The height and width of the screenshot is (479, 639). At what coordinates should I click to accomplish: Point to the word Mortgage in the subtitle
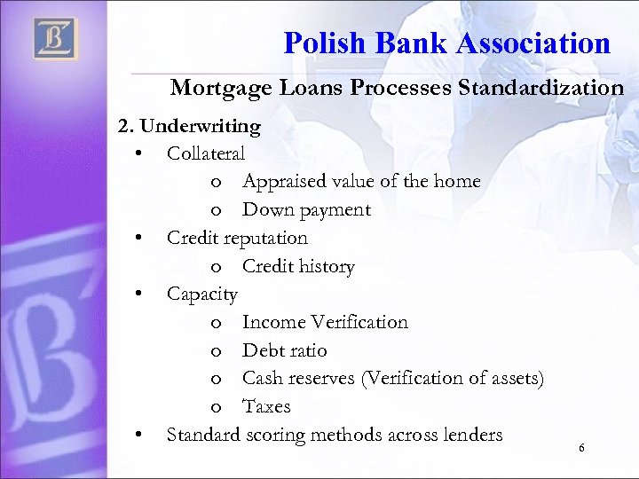coord(213,88)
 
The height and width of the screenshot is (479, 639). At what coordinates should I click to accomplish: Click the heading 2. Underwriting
coord(190,126)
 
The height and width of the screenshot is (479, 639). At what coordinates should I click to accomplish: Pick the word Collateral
coord(206,153)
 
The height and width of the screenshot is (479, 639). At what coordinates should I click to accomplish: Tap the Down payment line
coord(306,210)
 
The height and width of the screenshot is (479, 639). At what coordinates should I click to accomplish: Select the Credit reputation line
coord(237,238)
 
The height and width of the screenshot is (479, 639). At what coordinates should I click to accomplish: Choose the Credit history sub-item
coord(298,266)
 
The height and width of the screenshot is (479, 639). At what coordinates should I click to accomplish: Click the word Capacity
coord(202,294)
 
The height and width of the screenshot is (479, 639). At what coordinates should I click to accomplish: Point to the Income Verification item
coord(325,322)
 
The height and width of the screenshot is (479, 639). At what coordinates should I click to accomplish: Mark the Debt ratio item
coord(284,350)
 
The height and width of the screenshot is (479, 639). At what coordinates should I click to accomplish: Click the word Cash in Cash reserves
coord(262,379)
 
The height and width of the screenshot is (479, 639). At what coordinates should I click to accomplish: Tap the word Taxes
coord(266,406)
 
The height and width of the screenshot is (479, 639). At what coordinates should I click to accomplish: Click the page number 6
coord(581,448)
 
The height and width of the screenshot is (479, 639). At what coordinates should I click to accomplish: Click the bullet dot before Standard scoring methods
coord(139,435)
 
